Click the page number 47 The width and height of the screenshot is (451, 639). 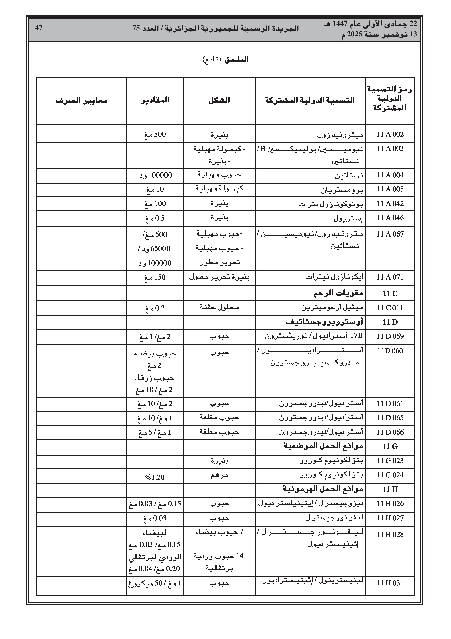39,28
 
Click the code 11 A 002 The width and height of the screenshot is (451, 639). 390,134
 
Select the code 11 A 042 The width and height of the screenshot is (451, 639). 390,204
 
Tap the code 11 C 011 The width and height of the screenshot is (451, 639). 390,308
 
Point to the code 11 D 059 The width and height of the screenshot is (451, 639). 390,336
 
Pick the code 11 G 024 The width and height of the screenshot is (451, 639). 390,475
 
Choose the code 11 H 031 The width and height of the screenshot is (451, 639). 390,583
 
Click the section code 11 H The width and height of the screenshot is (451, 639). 390,489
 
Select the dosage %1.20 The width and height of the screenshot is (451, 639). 155,477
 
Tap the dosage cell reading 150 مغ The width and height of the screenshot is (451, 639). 155,277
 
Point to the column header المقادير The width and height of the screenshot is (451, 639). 155,100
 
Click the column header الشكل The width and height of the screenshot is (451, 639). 219,100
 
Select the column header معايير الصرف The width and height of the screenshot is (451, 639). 81,100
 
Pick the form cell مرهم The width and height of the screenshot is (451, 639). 219,475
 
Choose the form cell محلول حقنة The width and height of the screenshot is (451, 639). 219,307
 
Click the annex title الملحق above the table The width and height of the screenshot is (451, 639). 236,59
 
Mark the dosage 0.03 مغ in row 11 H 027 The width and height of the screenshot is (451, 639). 155,518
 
